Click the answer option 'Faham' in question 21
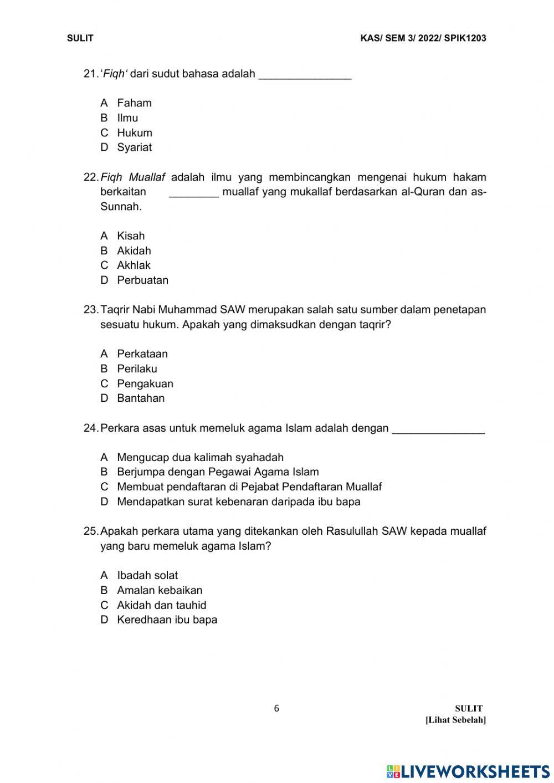click(x=134, y=103)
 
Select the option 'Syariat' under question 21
click(x=134, y=147)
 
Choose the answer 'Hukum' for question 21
click(x=134, y=133)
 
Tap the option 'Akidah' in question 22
click(x=134, y=251)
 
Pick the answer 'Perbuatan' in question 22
click(x=142, y=280)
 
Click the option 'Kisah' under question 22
click(x=131, y=236)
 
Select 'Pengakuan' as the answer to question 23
click(x=145, y=384)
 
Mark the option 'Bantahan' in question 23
click(x=141, y=398)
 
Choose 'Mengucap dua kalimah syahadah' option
click(x=200, y=458)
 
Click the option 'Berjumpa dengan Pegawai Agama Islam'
click(x=218, y=472)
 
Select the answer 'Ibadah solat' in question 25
click(x=147, y=576)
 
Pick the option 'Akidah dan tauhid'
click(x=161, y=606)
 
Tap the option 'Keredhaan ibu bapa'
click(x=167, y=620)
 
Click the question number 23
click(x=91, y=310)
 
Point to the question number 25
click(x=91, y=531)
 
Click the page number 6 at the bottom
click(x=277, y=708)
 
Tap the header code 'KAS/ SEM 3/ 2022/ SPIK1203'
click(x=423, y=38)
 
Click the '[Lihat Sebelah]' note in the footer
click(x=455, y=720)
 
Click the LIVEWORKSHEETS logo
click(x=468, y=771)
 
